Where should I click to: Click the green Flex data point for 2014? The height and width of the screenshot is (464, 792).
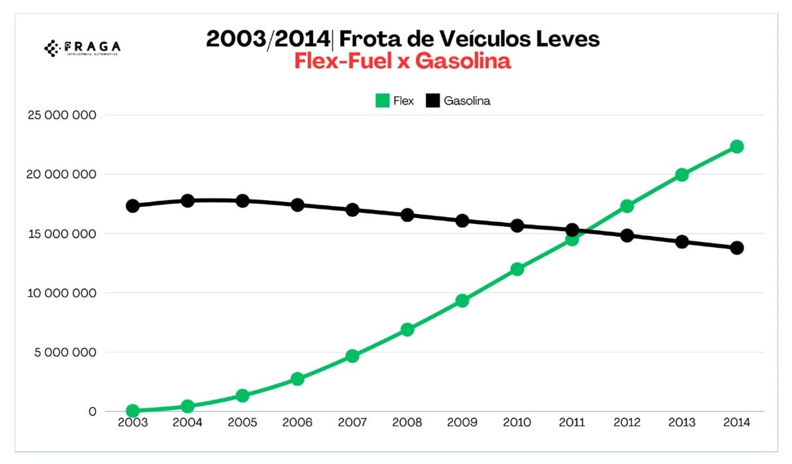coord(736,146)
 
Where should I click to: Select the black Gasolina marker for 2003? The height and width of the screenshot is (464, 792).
coord(133,205)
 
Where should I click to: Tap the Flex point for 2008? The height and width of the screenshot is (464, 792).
coord(407,329)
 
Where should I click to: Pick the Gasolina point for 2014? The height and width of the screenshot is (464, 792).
coord(736,248)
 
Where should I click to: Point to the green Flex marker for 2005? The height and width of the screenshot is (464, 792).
coord(243,396)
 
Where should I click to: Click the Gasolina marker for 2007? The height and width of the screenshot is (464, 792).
coord(352,210)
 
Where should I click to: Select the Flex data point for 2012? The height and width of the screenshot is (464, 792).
coord(627,206)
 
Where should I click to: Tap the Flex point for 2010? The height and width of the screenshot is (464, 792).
coord(517,269)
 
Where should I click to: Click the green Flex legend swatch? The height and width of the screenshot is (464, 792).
coord(382,101)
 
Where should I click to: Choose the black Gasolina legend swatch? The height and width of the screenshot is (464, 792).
coord(433,101)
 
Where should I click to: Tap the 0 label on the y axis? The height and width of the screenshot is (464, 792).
coord(92,412)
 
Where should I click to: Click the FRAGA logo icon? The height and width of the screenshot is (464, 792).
coord(52,47)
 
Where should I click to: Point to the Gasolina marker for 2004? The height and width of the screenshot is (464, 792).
coord(188,200)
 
